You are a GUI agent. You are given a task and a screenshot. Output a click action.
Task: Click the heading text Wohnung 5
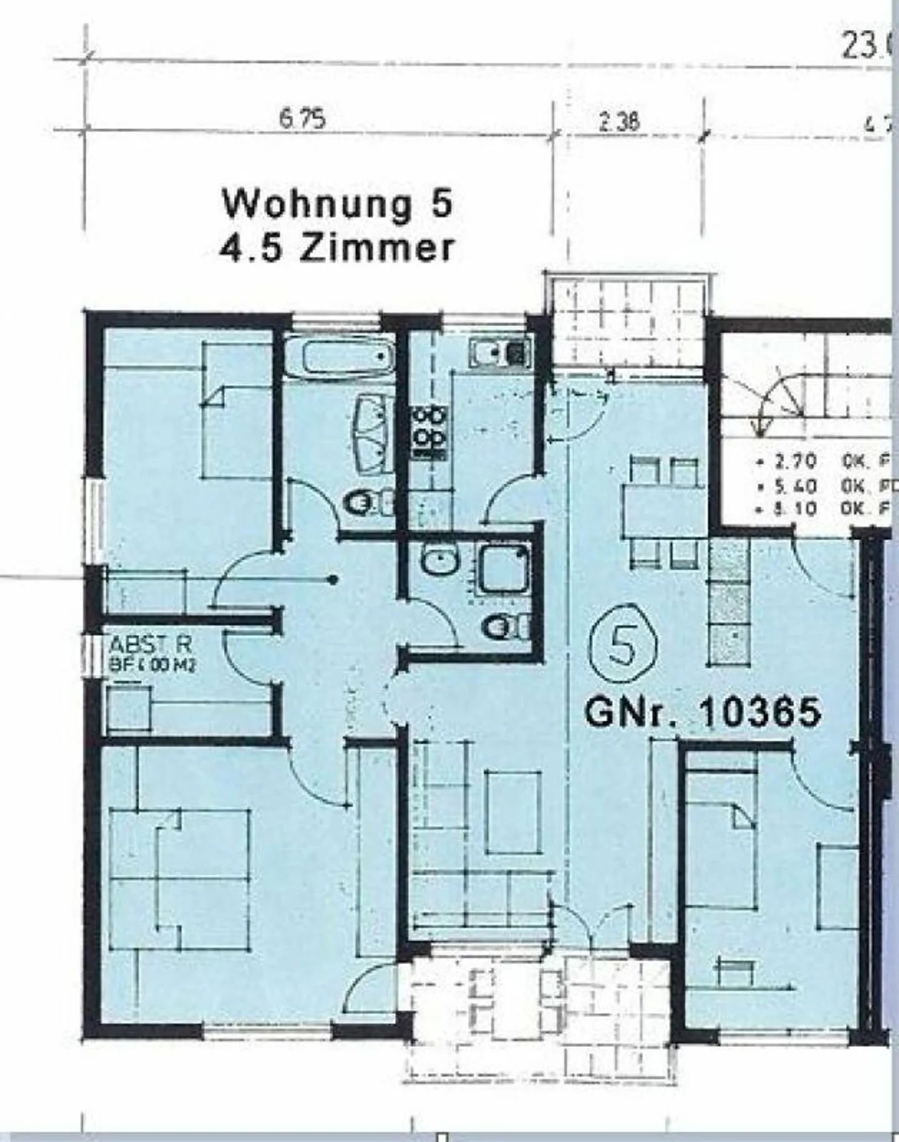click(x=338, y=205)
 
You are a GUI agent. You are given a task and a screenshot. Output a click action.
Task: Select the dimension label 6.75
click(x=302, y=119)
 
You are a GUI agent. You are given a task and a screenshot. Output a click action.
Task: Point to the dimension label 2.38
click(x=619, y=121)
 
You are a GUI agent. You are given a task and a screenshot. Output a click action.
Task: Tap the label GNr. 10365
click(x=702, y=712)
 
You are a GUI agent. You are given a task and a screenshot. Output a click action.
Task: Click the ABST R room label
click(x=149, y=644)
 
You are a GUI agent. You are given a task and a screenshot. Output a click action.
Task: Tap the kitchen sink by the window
click(x=499, y=352)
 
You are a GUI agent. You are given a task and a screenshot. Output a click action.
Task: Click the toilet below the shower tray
click(x=503, y=626)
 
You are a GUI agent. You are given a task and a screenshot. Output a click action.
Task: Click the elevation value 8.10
click(x=794, y=509)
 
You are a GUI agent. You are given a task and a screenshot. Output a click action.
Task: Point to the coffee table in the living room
click(x=513, y=812)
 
